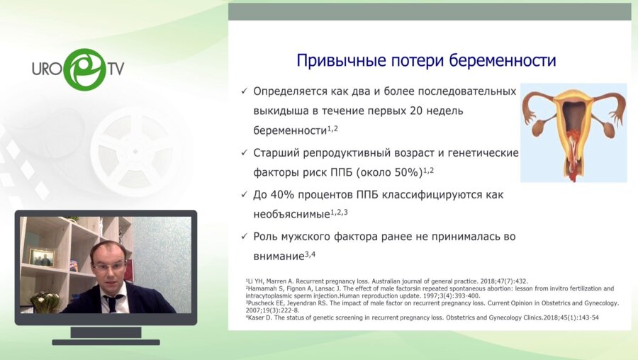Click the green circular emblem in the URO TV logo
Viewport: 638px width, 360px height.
[x=84, y=69]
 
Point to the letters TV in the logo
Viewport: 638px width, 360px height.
[x=117, y=69]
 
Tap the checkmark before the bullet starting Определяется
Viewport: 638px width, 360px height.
[x=245, y=92]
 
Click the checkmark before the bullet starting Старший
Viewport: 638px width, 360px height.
[x=245, y=153]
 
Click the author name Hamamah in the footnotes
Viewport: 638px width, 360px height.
[x=262, y=289]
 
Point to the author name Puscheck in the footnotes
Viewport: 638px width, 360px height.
[x=259, y=303]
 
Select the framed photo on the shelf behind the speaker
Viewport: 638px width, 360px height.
[x=42, y=257]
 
